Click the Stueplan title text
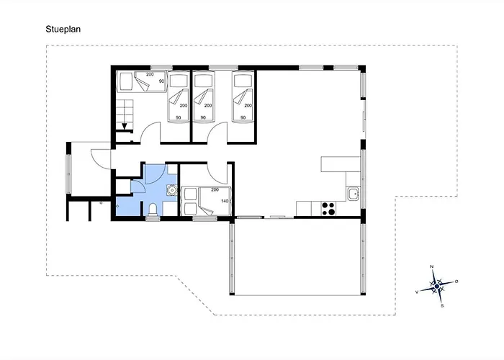pos(63,30)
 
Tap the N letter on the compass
pos(432,266)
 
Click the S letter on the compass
pos(442,306)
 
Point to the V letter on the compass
pos(417,292)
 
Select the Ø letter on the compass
pos(456,282)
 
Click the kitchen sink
pos(354,194)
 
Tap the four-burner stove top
pos(328,208)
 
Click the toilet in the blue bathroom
pos(153,210)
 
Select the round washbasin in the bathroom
pos(171,190)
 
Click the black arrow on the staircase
pos(125,126)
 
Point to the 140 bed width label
pos(225,201)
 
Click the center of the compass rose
pos(437,286)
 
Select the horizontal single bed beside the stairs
pos(141,81)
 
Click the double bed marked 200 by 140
pos(206,201)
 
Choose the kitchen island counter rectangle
pos(341,164)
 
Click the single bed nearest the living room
pos(243,97)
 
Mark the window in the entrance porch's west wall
pos(68,174)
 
